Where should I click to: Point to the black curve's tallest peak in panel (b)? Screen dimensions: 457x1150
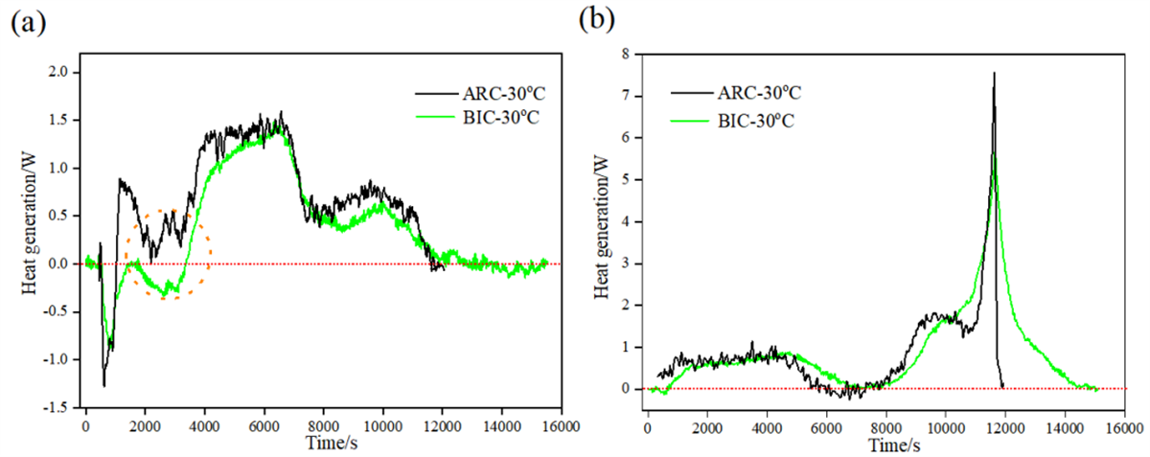994,73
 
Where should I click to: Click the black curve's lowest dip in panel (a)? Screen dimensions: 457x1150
103,385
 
